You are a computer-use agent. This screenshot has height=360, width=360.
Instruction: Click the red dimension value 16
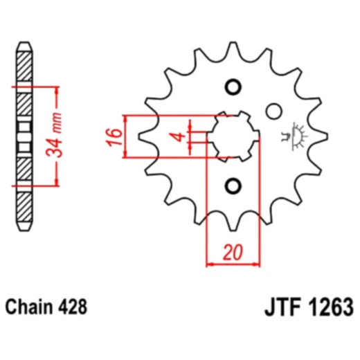click(x=114, y=137)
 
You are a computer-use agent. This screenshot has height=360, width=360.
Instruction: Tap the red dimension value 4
click(x=178, y=137)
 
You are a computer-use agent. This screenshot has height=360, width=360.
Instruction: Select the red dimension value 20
click(x=233, y=252)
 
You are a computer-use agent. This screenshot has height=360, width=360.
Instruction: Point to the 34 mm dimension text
click(x=54, y=135)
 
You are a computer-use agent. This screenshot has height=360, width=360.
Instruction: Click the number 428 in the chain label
click(x=73, y=307)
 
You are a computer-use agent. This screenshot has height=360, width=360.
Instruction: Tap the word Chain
click(x=29, y=307)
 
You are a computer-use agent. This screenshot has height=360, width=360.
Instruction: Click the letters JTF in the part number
click(x=283, y=307)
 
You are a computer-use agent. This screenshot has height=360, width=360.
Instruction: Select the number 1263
click(x=330, y=307)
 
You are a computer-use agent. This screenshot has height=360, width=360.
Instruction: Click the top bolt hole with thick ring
click(x=233, y=87)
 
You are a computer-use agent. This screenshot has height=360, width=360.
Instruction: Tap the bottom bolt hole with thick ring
click(x=233, y=186)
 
